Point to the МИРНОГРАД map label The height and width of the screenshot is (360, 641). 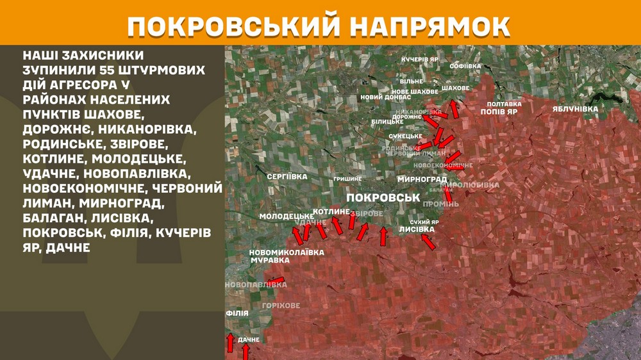[x=422, y=179]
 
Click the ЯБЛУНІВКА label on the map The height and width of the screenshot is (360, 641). [x=575, y=109]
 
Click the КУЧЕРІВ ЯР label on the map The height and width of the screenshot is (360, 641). [x=420, y=59]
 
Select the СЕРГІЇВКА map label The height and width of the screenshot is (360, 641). [x=287, y=176]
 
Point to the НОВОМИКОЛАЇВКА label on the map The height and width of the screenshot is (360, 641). [x=287, y=252]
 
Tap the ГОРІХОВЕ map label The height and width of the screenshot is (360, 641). [x=281, y=306]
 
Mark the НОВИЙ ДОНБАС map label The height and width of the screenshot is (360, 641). [x=381, y=97]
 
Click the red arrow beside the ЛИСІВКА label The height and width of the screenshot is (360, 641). [x=428, y=241]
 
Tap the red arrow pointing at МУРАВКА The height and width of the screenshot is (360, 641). [x=276, y=281]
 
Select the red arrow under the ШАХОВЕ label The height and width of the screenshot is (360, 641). [x=454, y=108]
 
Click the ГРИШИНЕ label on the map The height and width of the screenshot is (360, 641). [x=347, y=179]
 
